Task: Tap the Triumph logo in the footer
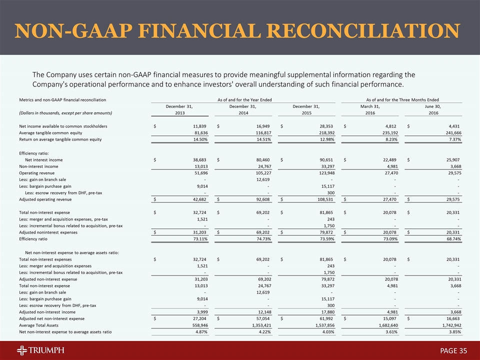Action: click(39, 350)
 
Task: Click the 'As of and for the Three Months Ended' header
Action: click(402, 100)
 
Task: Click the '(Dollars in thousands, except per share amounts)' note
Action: click(65, 113)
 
